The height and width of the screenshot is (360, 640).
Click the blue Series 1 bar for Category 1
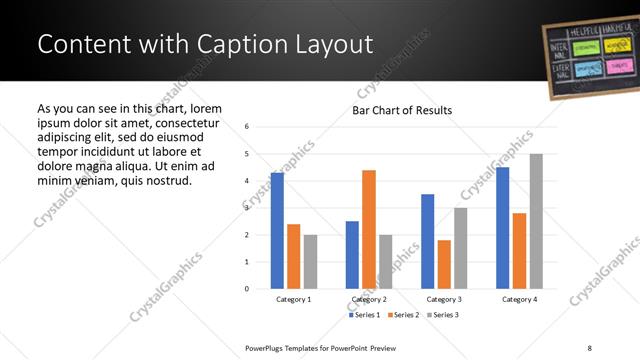[277, 230]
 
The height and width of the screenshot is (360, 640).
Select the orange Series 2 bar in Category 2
[369, 229]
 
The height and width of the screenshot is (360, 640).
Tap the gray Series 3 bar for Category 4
[536, 221]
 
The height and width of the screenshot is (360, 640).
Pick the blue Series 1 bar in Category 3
[428, 241]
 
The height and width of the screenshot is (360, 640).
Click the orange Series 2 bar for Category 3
[444, 264]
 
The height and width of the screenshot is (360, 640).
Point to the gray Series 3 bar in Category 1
[310, 261]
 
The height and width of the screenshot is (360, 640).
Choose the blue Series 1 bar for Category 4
[503, 227]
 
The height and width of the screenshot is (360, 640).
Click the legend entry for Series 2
[402, 315]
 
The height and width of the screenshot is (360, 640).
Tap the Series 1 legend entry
[364, 315]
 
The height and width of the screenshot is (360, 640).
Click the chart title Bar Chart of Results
[402, 110]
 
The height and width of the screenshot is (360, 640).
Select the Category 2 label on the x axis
[369, 299]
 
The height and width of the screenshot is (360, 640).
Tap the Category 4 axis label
[519, 299]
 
